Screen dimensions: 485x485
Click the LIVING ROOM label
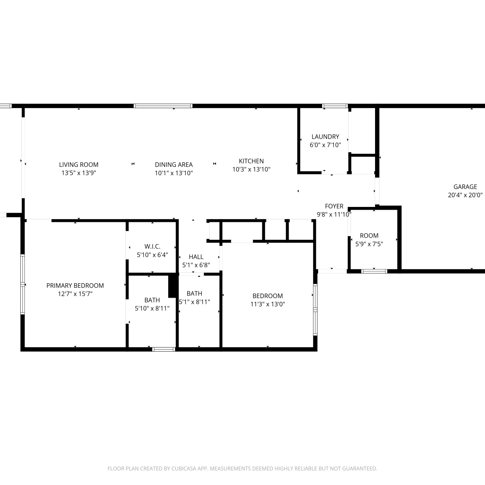(79, 165)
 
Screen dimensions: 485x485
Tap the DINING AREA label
(174, 165)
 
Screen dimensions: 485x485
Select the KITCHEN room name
(251, 161)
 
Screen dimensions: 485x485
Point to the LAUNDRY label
(325, 137)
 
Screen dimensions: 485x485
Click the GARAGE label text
(465, 187)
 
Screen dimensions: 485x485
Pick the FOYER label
(334, 206)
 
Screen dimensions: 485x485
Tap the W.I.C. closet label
(152, 247)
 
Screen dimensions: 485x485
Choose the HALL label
(196, 257)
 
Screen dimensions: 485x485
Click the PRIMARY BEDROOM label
(75, 286)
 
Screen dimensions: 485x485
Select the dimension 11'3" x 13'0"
(268, 304)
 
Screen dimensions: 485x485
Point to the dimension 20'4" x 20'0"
(465, 195)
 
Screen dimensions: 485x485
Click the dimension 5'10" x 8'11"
(152, 308)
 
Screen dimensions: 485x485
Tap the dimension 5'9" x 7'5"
(369, 244)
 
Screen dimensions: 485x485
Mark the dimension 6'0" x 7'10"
(325, 145)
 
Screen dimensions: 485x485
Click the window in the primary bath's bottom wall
(164, 349)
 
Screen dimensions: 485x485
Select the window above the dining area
(163, 106)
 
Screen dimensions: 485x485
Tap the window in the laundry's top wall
(335, 106)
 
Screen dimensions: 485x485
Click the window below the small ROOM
(374, 271)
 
